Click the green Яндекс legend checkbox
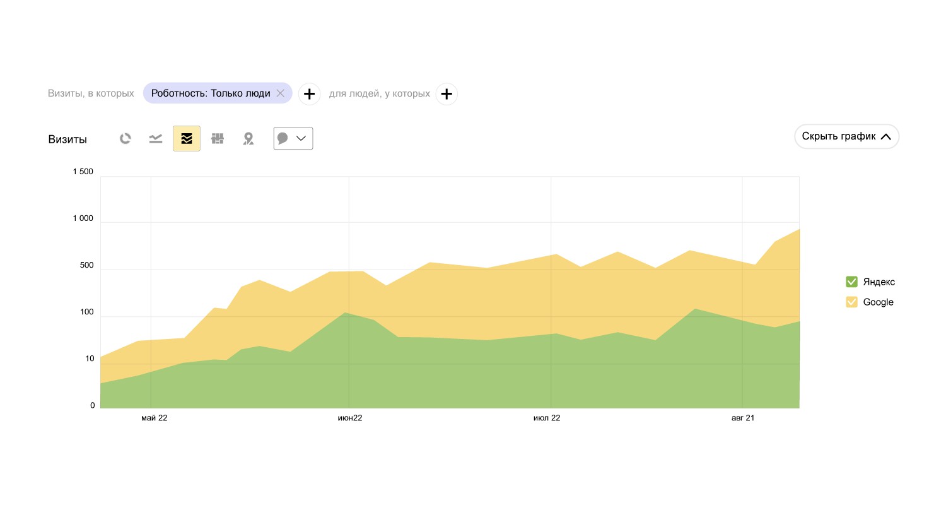[x=851, y=282]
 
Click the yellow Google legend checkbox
[x=851, y=302]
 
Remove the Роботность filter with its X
[x=281, y=93]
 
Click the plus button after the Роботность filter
[x=309, y=94]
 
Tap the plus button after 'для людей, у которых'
[x=447, y=94]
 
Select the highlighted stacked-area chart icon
[x=187, y=139]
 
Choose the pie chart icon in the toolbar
[x=126, y=139]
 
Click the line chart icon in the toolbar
[x=156, y=139]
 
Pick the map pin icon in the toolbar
[x=248, y=139]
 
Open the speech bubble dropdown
[x=293, y=139]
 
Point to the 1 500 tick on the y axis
[x=83, y=172]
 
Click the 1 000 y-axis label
[x=83, y=218]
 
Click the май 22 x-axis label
[x=154, y=418]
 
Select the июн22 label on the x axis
[x=350, y=418]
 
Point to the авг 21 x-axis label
[x=743, y=418]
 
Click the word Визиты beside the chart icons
[x=67, y=140]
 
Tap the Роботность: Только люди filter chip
[x=211, y=93]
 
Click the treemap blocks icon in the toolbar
[x=218, y=139]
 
